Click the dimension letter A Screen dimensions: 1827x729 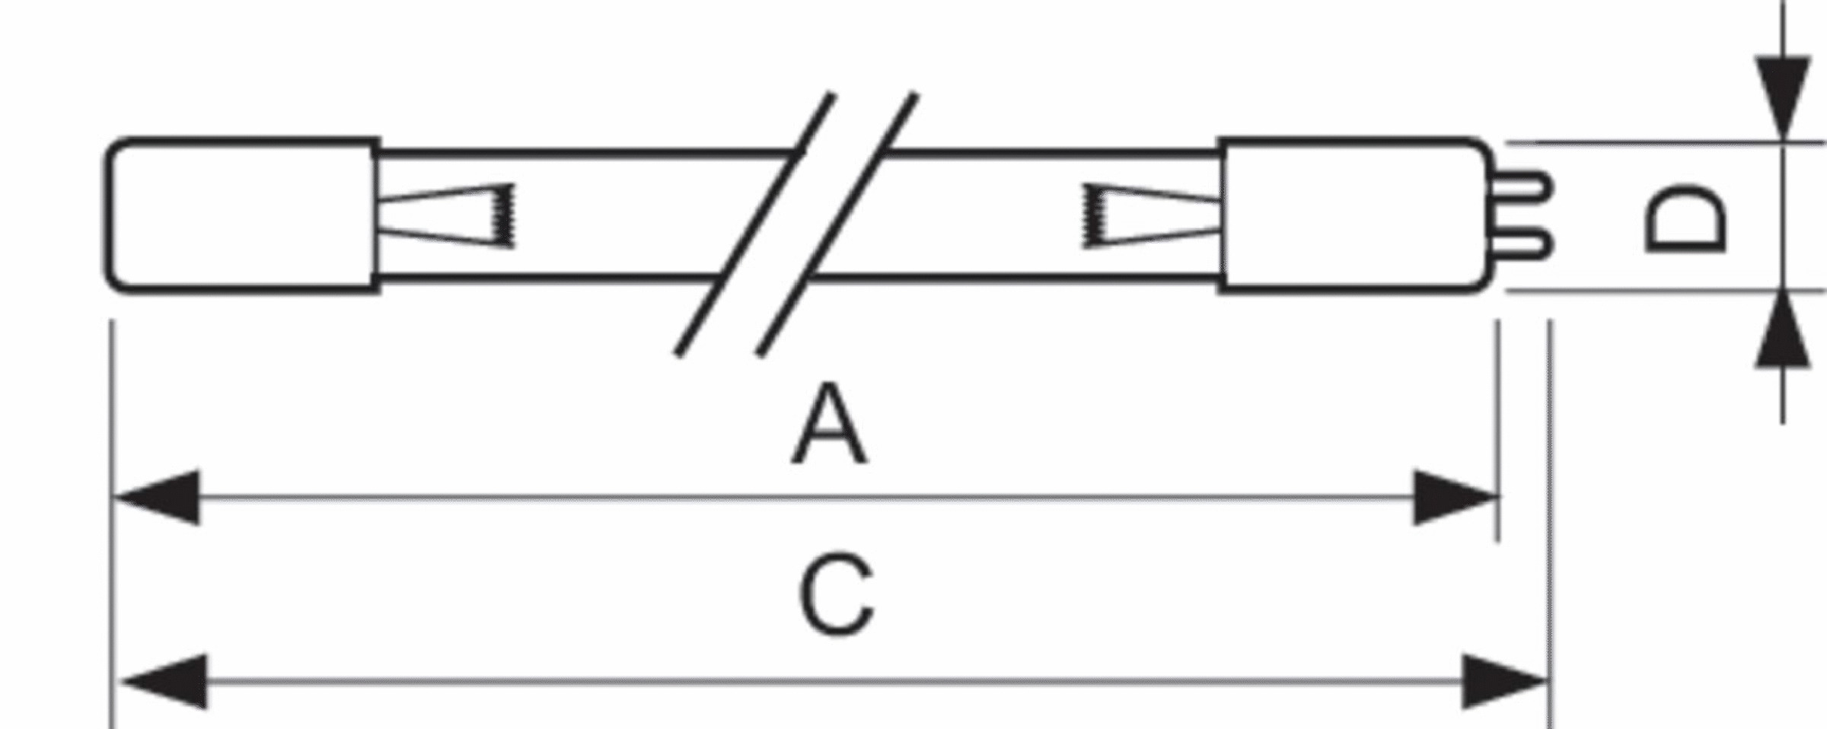829,425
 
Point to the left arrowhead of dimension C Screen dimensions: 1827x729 164,682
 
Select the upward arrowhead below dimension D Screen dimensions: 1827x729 1782,330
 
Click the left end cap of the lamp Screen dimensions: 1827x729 242,215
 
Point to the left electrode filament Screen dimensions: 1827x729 447,216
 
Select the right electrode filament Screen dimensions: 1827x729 1149,216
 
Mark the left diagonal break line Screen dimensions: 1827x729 754,224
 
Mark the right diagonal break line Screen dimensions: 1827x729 837,224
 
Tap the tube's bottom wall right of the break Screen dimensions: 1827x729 1016,278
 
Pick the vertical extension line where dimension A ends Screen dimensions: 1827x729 1498,431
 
